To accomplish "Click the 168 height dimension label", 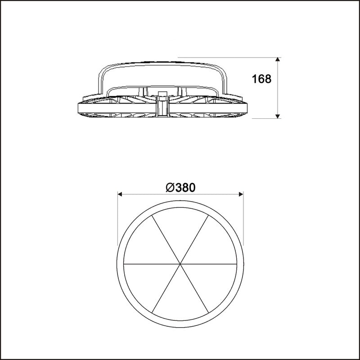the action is [261, 79].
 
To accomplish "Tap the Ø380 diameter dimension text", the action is [180, 188].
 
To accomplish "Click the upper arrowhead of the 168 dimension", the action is [278, 59].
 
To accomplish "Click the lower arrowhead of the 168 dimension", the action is [278, 117].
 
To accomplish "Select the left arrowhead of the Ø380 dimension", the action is [120, 194].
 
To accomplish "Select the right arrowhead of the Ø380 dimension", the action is [241, 194].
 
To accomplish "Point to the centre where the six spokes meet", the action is [180, 264].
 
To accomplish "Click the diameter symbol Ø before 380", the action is [170, 188].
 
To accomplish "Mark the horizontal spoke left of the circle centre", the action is [152, 264].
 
